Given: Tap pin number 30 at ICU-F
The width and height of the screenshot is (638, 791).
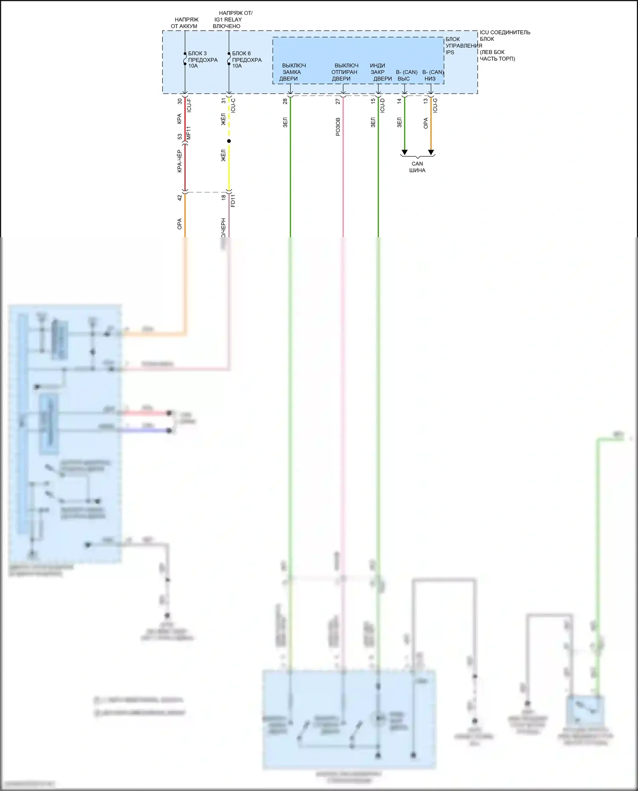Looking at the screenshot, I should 180,102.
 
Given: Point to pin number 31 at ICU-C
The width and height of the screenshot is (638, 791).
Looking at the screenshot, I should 224,101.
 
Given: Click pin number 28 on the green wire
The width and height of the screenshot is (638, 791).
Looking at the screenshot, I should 285,102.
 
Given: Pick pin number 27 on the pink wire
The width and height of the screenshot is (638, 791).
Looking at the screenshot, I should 338,102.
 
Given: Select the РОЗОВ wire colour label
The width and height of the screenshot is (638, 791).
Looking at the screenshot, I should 338,127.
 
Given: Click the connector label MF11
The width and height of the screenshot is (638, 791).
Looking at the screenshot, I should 189,133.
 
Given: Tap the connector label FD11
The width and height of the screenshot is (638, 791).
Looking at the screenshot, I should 233,201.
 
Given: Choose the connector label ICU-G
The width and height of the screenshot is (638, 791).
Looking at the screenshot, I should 435,105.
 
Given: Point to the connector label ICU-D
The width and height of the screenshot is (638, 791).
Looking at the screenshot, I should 382,105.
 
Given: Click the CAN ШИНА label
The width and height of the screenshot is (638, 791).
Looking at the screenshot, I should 417,167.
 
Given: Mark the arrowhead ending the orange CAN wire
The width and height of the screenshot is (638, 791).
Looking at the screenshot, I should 431,152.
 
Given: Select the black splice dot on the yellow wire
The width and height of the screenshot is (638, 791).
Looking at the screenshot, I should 229,141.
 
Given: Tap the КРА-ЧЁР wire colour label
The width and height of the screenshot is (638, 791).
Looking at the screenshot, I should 179,161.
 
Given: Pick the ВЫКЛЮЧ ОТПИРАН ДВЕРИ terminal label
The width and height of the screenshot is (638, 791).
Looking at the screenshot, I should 345,72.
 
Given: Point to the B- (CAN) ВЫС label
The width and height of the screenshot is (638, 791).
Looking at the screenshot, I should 406,75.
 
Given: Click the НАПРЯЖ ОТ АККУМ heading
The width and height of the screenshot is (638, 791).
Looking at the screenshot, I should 185,23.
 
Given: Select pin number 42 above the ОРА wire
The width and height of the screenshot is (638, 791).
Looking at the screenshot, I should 180,198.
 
